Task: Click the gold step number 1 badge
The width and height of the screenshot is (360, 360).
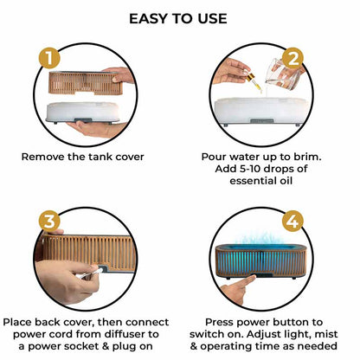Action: (49, 58)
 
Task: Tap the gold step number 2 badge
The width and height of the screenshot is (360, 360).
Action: (292, 59)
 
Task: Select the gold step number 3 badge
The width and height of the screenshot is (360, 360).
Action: (49, 222)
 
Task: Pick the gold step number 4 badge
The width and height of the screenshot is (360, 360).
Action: (292, 222)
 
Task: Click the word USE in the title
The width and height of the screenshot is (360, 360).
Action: (212, 19)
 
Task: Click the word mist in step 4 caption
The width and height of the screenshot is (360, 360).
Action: (326, 334)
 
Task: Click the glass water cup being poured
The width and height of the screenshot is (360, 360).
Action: (282, 74)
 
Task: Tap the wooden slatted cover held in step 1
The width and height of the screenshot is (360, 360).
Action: (86, 83)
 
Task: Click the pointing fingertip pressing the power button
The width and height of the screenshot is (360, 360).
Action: (252, 278)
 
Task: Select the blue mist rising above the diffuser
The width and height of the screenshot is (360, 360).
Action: (259, 238)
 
